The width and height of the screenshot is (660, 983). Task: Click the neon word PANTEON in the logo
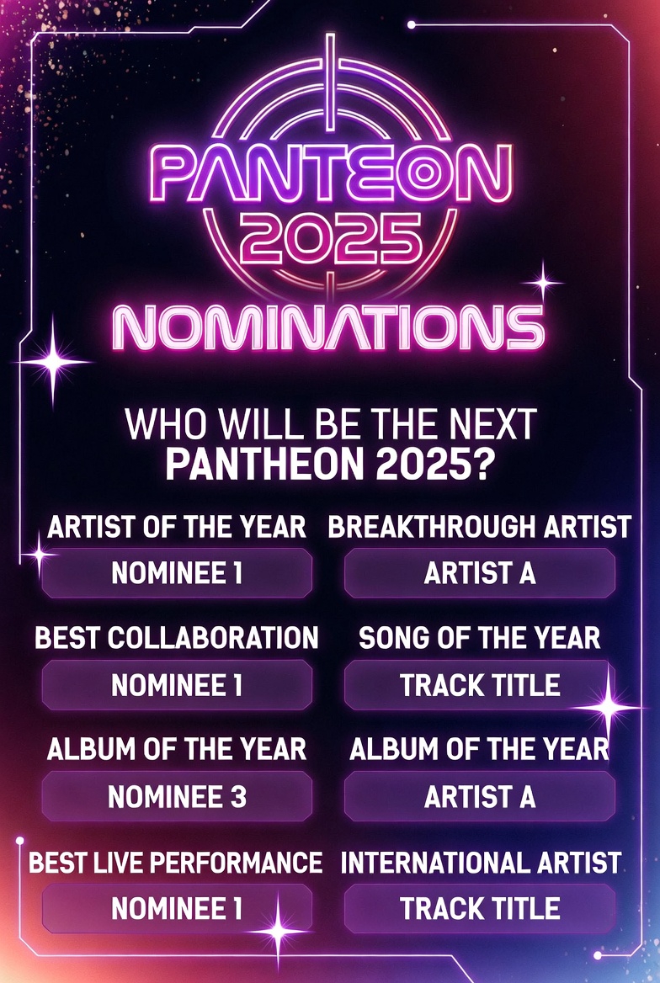331,173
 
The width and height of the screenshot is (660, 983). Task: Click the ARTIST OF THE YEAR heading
177,527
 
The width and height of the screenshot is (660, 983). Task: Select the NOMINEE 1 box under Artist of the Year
177,573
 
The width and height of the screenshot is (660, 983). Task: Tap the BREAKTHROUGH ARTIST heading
479,527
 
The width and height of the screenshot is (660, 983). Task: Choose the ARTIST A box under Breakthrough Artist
479,573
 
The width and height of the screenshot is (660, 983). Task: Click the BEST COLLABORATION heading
176,638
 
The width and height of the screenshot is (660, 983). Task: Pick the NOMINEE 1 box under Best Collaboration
177,684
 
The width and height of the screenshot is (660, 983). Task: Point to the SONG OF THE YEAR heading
479,638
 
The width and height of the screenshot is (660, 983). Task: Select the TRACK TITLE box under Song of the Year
479,684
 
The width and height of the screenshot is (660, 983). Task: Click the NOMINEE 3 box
177,796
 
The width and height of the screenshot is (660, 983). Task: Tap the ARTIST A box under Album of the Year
479,796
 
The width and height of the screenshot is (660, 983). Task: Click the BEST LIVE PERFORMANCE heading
176,863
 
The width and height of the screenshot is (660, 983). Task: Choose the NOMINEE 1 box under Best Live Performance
177,908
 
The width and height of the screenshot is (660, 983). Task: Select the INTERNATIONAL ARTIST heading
481,863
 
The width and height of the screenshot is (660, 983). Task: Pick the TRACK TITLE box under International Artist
479,908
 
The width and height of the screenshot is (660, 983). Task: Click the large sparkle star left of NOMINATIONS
53,362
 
